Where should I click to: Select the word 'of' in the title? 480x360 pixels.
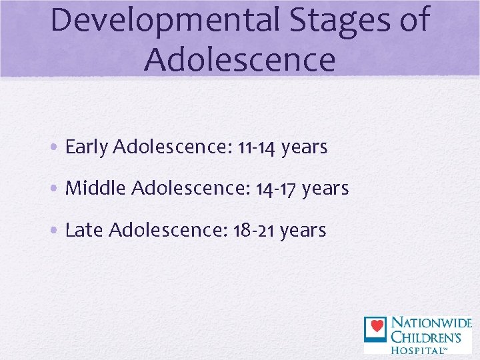pyautogui.click(x=413, y=20)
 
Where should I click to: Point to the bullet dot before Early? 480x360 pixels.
pyautogui.click(x=56, y=148)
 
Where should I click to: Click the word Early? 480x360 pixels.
pyautogui.click(x=87, y=147)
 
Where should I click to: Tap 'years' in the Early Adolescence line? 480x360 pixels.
pyautogui.click(x=304, y=147)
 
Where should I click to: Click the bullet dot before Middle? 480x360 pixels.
pyautogui.click(x=56, y=189)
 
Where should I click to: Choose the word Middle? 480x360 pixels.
pyautogui.click(x=96, y=189)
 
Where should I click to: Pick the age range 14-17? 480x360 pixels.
pyautogui.click(x=276, y=189)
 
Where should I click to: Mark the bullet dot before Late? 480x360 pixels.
pyautogui.click(x=56, y=231)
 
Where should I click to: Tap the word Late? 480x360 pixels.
pyautogui.click(x=84, y=231)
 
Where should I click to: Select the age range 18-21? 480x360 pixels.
pyautogui.click(x=253, y=231)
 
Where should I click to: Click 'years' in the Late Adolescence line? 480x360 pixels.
pyautogui.click(x=303, y=231)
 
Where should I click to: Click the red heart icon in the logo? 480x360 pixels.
pyautogui.click(x=376, y=327)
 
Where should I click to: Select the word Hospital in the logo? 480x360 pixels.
pyautogui.click(x=418, y=349)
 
